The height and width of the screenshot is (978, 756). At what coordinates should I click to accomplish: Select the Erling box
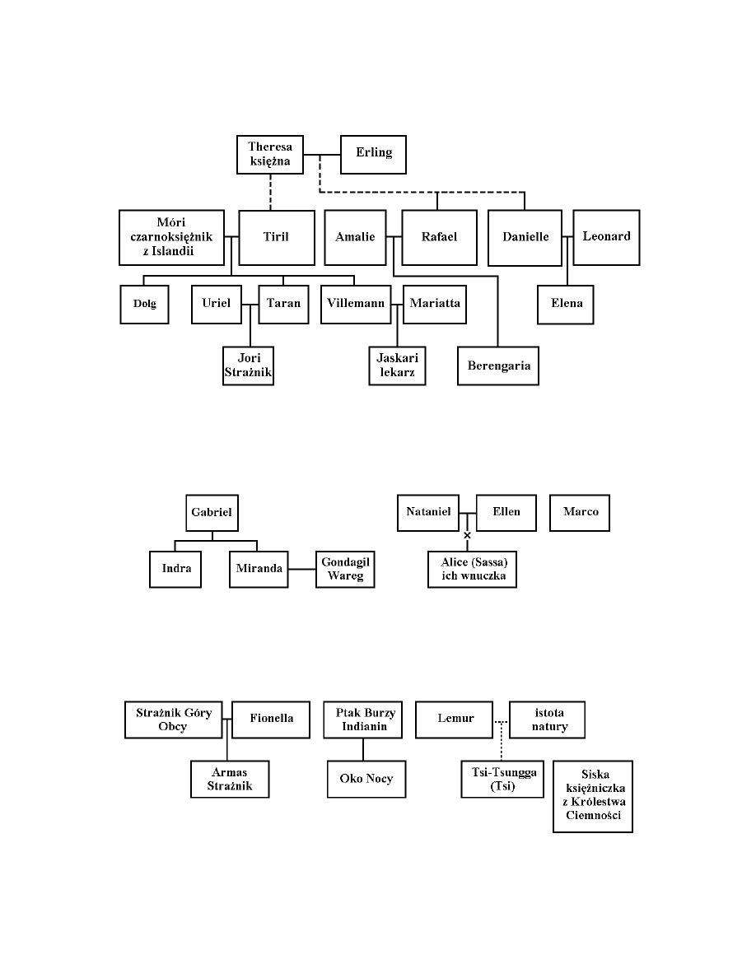pos(373,154)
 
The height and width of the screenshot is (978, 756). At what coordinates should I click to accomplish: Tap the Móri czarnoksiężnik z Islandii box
pos(173,237)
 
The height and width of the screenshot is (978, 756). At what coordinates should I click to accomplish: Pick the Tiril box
pos(277,237)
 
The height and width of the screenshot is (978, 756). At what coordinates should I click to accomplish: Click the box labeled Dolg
pos(144,304)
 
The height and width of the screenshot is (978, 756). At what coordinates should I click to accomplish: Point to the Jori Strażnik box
pos(249,366)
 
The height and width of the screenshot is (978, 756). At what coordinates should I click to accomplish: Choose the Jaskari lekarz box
pos(397,366)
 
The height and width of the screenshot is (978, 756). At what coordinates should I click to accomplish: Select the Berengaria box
pos(498,365)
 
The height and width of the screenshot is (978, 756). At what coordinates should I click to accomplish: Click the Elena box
pos(566,304)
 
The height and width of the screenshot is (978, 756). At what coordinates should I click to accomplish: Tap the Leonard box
pos(606,236)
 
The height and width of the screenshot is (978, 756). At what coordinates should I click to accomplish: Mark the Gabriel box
pos(212,512)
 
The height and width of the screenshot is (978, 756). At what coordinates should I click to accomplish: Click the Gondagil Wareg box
pos(345,568)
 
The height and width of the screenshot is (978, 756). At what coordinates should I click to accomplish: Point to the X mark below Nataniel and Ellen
pos(467,536)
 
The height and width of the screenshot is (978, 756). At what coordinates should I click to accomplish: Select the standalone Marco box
pos(581,512)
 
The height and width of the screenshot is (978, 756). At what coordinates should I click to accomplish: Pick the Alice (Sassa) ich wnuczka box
pos(472,569)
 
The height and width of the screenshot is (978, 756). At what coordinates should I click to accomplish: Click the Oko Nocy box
pos(366,779)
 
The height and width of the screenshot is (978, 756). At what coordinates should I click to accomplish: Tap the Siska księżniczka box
pos(593,796)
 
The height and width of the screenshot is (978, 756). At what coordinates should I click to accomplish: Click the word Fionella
pos(272,718)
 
